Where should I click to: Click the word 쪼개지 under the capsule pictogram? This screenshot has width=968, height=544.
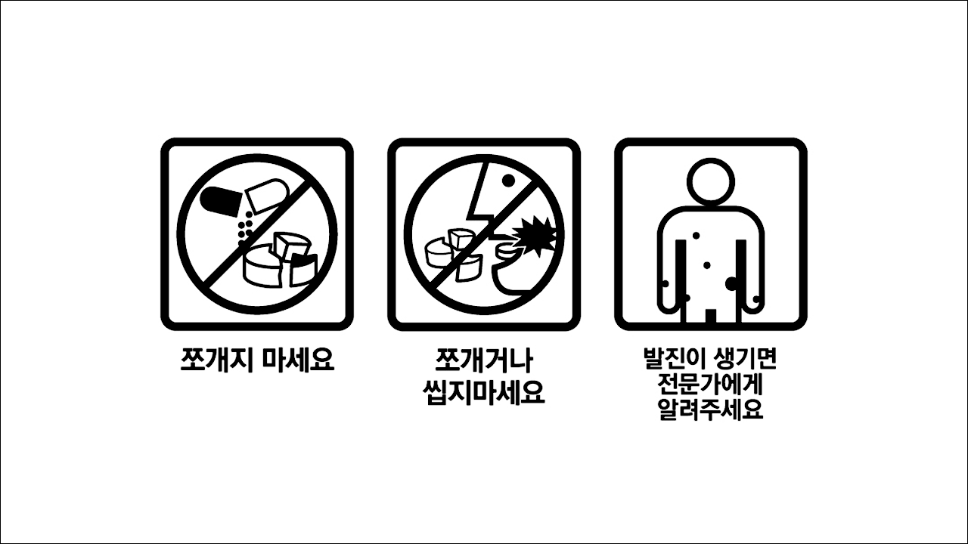coord(214,359)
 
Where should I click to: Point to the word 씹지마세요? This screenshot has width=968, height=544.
coord(484,393)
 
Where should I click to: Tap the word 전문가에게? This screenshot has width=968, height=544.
coord(710,385)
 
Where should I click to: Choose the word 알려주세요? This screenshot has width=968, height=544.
coord(710,411)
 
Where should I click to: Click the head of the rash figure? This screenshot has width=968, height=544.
coord(710,179)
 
